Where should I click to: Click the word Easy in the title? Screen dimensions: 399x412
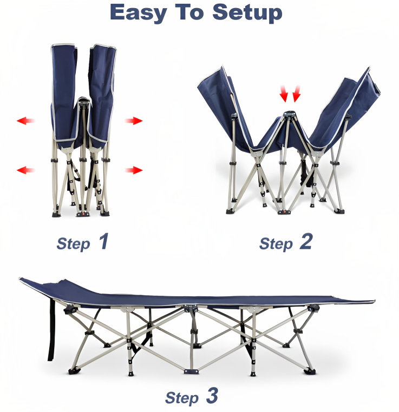click(x=139, y=13)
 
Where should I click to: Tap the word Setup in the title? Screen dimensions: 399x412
click(x=247, y=13)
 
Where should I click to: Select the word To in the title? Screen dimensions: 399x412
click(x=189, y=12)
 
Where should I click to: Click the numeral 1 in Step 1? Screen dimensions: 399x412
click(x=103, y=241)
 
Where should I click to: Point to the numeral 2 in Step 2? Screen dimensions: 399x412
click(x=306, y=241)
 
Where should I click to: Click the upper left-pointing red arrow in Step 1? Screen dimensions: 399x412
click(x=25, y=121)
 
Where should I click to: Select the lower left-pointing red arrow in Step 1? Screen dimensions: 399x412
click(x=25, y=170)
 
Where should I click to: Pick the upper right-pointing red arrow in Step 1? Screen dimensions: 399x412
click(x=134, y=121)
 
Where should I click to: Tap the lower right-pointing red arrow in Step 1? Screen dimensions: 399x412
click(x=134, y=170)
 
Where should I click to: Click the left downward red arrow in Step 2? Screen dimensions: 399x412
click(x=284, y=94)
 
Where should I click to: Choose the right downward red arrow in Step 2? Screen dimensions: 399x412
click(x=297, y=94)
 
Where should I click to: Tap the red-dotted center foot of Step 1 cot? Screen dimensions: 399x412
click(x=83, y=214)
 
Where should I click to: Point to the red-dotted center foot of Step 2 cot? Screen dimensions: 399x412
click(x=284, y=212)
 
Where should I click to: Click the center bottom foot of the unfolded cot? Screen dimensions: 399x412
click(x=191, y=371)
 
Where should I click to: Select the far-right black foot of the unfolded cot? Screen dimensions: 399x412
click(x=310, y=371)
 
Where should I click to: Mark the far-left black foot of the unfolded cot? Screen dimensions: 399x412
click(x=74, y=371)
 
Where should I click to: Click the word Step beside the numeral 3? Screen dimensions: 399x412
click(x=182, y=398)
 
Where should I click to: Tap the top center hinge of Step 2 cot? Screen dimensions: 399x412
click(x=289, y=114)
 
